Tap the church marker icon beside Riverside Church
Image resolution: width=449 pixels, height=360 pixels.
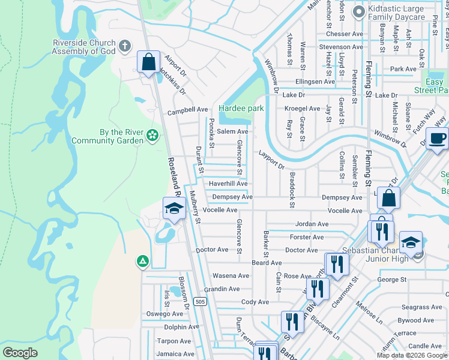125,46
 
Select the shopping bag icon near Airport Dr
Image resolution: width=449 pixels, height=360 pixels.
148,61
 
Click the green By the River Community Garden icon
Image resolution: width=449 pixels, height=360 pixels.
152,136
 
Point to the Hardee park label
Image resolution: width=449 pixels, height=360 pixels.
241,109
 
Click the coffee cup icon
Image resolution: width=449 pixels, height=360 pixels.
438,137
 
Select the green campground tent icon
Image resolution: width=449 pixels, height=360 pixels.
142,261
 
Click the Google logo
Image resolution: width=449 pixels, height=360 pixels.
20,353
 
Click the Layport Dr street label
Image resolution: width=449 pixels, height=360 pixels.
271,158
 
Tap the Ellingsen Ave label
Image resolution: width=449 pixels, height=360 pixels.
315,82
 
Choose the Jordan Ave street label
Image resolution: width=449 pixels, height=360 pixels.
312,224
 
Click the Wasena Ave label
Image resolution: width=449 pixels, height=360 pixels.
231,276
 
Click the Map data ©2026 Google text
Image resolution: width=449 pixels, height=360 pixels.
411,355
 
